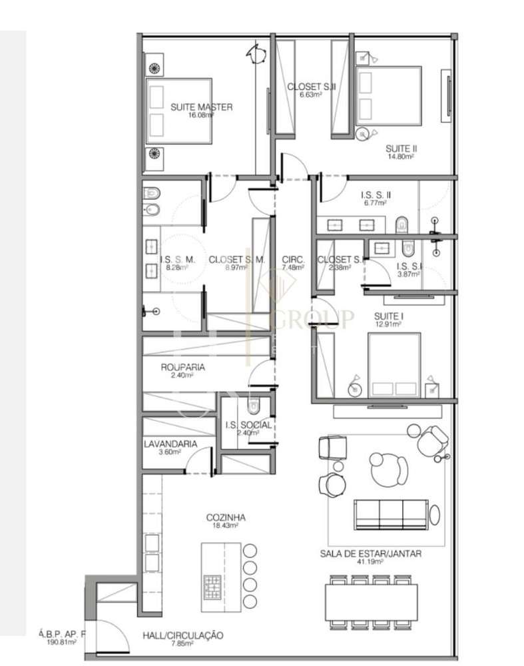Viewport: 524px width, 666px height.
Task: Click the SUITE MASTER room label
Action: point(201,107)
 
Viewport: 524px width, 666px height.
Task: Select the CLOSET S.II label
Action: point(311,87)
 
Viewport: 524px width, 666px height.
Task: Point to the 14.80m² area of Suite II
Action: point(401,157)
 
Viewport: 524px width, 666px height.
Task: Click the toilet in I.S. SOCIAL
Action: point(253,406)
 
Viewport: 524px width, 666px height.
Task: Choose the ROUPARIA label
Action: point(182,367)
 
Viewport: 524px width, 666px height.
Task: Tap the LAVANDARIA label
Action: point(170,444)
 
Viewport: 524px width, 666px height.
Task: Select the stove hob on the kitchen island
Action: point(213,585)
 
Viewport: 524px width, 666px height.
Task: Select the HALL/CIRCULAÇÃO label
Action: point(182,635)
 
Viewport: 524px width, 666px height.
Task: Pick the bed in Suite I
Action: point(395,365)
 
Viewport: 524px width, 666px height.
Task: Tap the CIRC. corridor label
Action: point(293,260)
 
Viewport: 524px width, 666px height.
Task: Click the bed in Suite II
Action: point(389,95)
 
